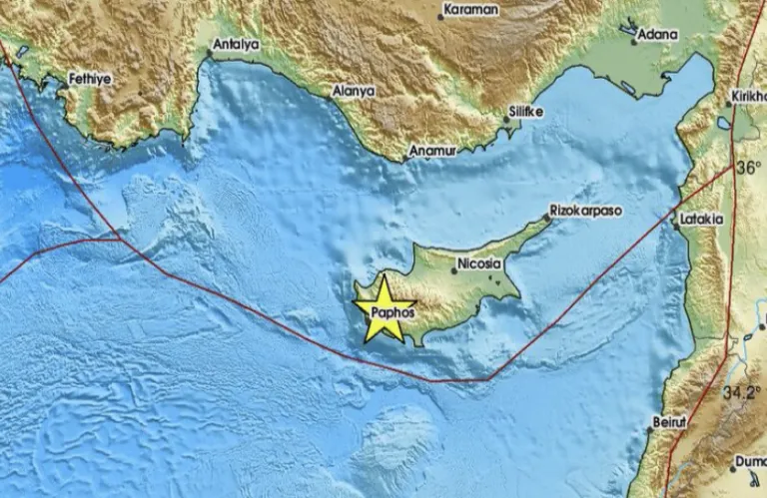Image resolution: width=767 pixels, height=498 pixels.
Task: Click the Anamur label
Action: point(432,152)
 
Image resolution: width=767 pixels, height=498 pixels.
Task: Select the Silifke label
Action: point(525,112)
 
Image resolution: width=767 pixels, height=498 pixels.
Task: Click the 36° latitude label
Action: point(749,168)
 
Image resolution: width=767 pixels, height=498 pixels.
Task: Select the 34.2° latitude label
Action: point(743,392)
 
